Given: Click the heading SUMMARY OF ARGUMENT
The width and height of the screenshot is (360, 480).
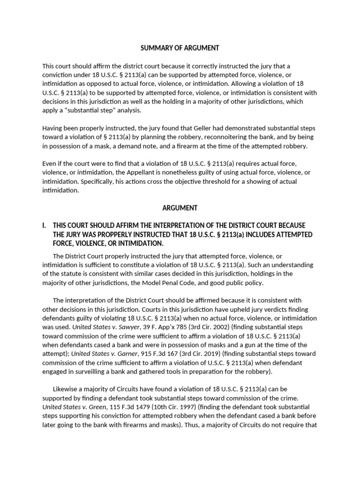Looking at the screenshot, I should click(x=180, y=48).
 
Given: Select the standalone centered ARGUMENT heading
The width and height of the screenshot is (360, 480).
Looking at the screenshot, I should click(x=180, y=208).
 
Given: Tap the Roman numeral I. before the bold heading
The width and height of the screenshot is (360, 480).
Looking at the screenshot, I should click(x=45, y=225).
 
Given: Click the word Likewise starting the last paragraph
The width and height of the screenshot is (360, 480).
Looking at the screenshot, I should click(x=67, y=389).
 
